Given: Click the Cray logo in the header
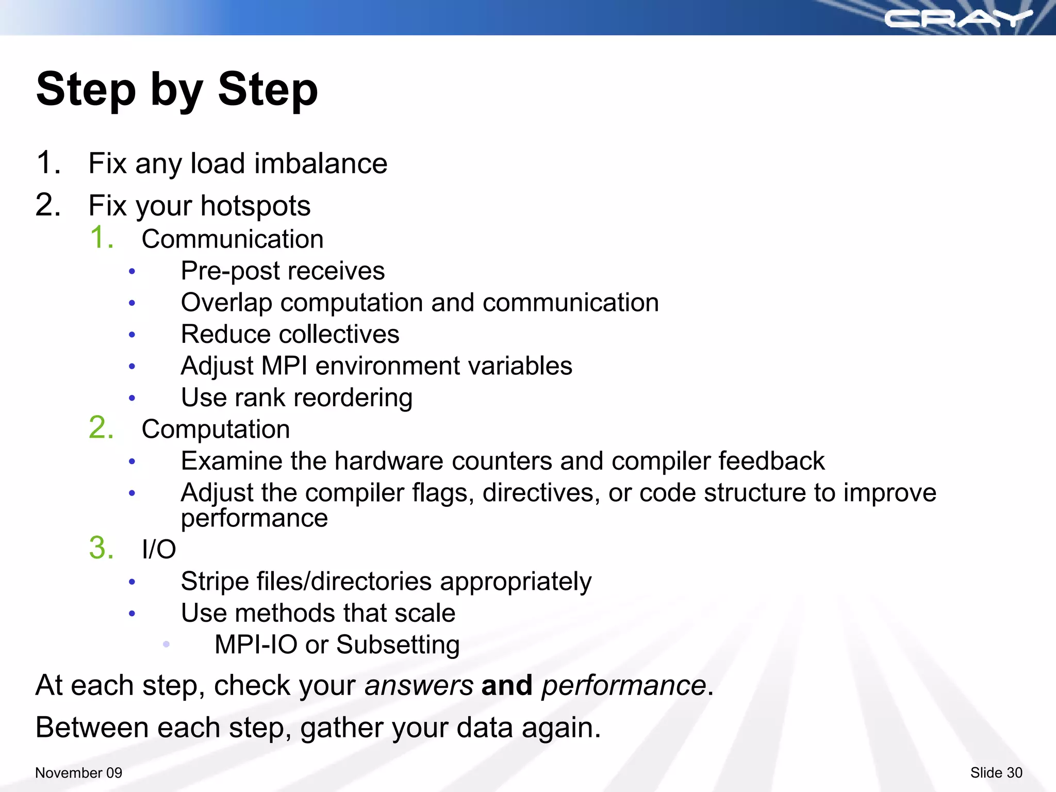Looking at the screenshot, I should (x=958, y=19).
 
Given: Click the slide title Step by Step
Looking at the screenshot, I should (x=177, y=89).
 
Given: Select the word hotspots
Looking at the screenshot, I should (x=255, y=206).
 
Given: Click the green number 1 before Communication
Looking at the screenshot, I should (x=101, y=238).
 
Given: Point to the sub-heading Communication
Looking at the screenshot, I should (x=233, y=239).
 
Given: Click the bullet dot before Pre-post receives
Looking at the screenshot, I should (x=132, y=271).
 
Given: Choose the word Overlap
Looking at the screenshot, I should (x=226, y=303).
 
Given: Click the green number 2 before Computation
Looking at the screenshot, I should (x=101, y=428).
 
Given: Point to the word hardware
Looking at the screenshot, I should (x=389, y=461).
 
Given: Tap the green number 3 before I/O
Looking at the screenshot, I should (x=101, y=548).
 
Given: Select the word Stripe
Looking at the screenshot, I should (x=214, y=582).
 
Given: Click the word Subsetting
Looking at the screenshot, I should (x=398, y=645).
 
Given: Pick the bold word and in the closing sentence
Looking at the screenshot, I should (x=506, y=686).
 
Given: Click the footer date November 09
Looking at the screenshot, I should (x=78, y=772).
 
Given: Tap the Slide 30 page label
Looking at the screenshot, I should (x=996, y=772).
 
